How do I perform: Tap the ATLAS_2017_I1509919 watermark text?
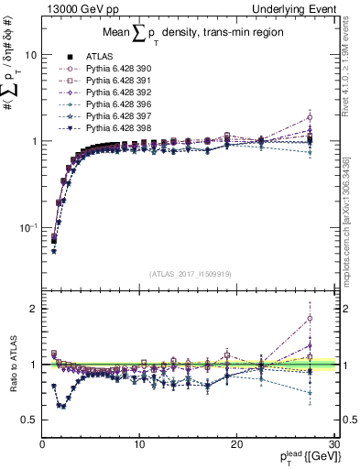click(190, 273)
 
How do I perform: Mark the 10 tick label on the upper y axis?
click(30, 55)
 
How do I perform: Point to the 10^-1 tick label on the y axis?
click(27, 227)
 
